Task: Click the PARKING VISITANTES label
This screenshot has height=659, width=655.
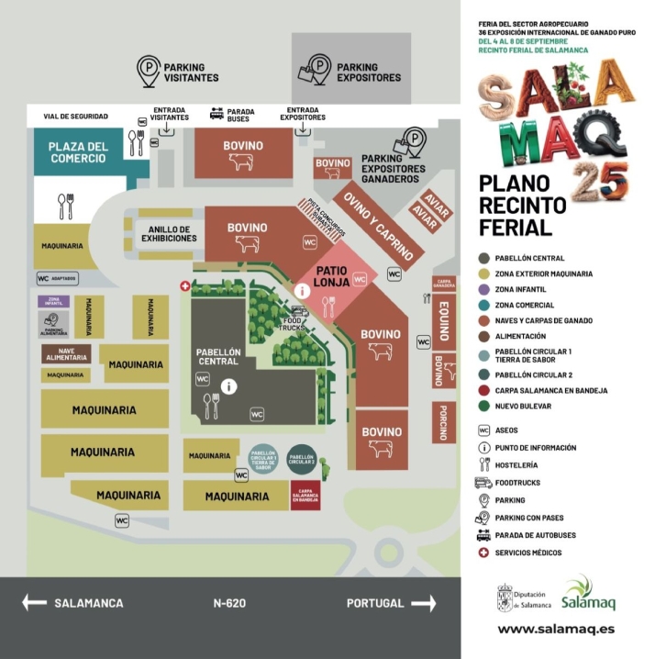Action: [191, 72]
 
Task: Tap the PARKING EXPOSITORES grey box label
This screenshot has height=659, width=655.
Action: [368, 72]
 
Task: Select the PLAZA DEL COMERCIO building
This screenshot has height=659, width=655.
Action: [78, 151]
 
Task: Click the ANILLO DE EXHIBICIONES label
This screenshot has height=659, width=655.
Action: [169, 233]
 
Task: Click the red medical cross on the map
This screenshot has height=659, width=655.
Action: [185, 286]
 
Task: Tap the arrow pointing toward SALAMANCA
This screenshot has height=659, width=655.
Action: [34, 603]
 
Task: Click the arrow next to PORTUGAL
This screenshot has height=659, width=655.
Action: [424, 603]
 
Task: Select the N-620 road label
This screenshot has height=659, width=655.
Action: [229, 603]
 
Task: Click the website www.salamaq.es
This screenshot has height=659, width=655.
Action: [556, 630]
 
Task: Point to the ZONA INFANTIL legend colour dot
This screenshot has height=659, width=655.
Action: [483, 289]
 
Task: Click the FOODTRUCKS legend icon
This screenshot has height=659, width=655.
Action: [483, 483]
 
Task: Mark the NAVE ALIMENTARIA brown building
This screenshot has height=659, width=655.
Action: [65, 354]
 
